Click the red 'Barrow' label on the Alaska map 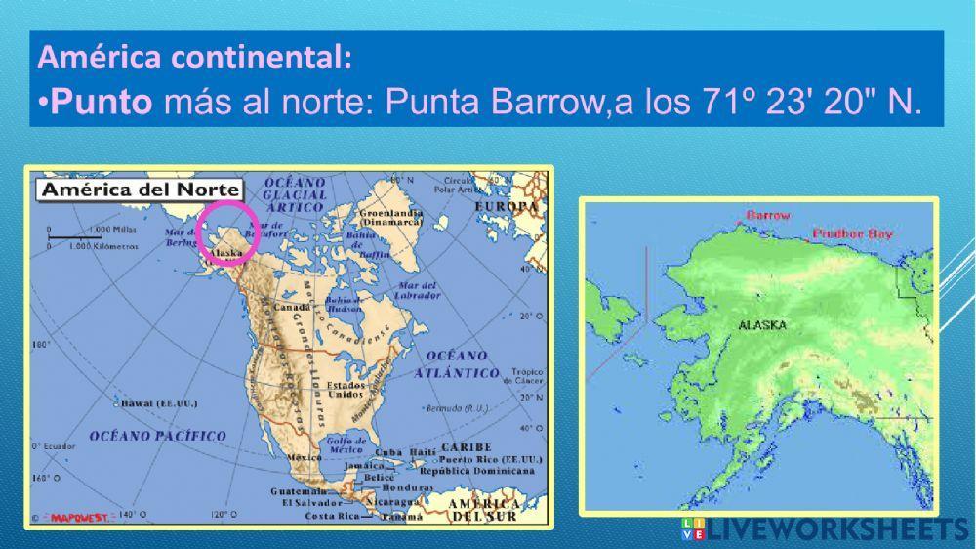pyautogui.click(x=768, y=215)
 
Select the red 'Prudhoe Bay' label pyautogui.click(x=853, y=234)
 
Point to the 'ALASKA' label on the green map pyautogui.click(x=762, y=325)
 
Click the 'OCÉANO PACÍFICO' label pyautogui.click(x=158, y=436)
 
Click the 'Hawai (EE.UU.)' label pyautogui.click(x=158, y=401)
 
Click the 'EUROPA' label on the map pyautogui.click(x=506, y=207)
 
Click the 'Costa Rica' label pyautogui.click(x=333, y=515)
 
